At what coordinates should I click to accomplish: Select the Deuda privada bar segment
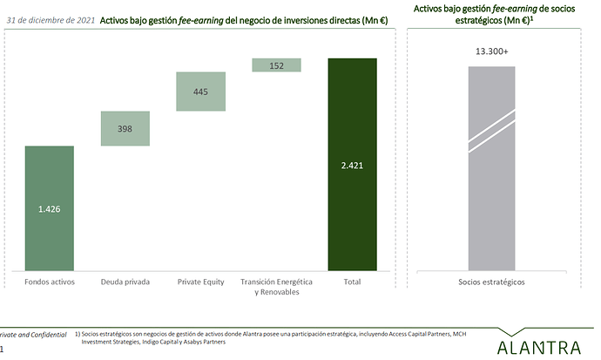pos(125,128)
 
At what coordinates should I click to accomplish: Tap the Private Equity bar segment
pos(201,92)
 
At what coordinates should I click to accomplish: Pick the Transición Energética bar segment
pos(277,65)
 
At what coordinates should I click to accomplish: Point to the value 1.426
pos(50,209)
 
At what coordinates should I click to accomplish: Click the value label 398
pos(125,129)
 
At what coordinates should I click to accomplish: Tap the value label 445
pos(201,92)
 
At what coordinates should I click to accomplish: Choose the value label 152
pos(277,65)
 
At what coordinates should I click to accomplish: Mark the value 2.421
pos(353,166)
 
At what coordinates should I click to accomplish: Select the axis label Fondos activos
pos(50,282)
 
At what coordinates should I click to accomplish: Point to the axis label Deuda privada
pos(125,282)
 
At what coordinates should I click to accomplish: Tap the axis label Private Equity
pos(201,282)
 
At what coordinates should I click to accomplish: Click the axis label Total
pos(353,282)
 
